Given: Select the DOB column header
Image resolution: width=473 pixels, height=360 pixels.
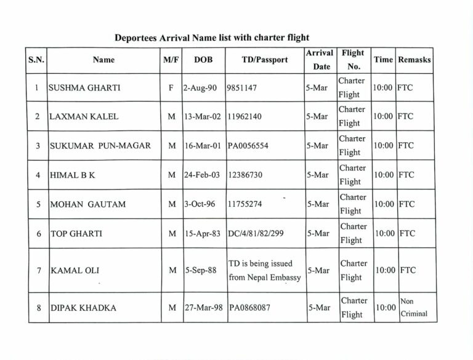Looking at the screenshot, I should [x=203, y=60].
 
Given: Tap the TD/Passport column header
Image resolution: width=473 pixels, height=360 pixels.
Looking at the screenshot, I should [x=265, y=60].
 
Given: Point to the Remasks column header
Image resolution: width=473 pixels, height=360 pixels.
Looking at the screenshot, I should [x=414, y=60].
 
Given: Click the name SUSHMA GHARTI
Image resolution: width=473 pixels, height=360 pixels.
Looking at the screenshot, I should [x=84, y=88].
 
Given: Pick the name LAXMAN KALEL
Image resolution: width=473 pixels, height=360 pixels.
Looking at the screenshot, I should [x=83, y=117].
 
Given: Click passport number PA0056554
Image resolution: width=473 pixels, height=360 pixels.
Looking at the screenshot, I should [x=248, y=146].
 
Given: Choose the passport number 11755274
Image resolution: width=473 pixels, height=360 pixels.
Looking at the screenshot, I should [x=245, y=204].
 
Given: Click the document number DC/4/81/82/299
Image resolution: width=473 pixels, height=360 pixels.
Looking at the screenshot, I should [x=258, y=234].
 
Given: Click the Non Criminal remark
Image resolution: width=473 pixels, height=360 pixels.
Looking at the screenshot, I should [x=414, y=307].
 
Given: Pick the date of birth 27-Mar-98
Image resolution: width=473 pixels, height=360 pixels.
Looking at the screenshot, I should [x=204, y=308].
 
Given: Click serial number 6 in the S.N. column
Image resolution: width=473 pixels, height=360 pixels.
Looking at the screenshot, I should [x=38, y=234].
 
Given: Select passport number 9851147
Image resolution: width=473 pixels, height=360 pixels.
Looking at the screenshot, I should [x=242, y=88].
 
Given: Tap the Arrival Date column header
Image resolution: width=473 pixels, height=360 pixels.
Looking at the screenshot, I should [x=320, y=60].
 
